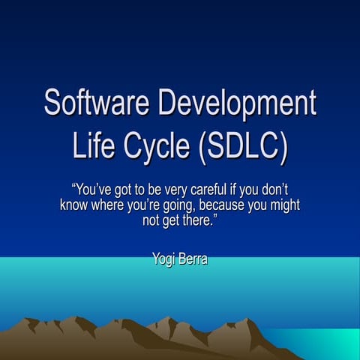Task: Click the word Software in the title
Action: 91,103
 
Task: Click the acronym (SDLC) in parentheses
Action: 244,146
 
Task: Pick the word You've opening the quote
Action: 92,190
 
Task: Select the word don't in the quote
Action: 276,190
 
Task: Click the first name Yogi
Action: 163,260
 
